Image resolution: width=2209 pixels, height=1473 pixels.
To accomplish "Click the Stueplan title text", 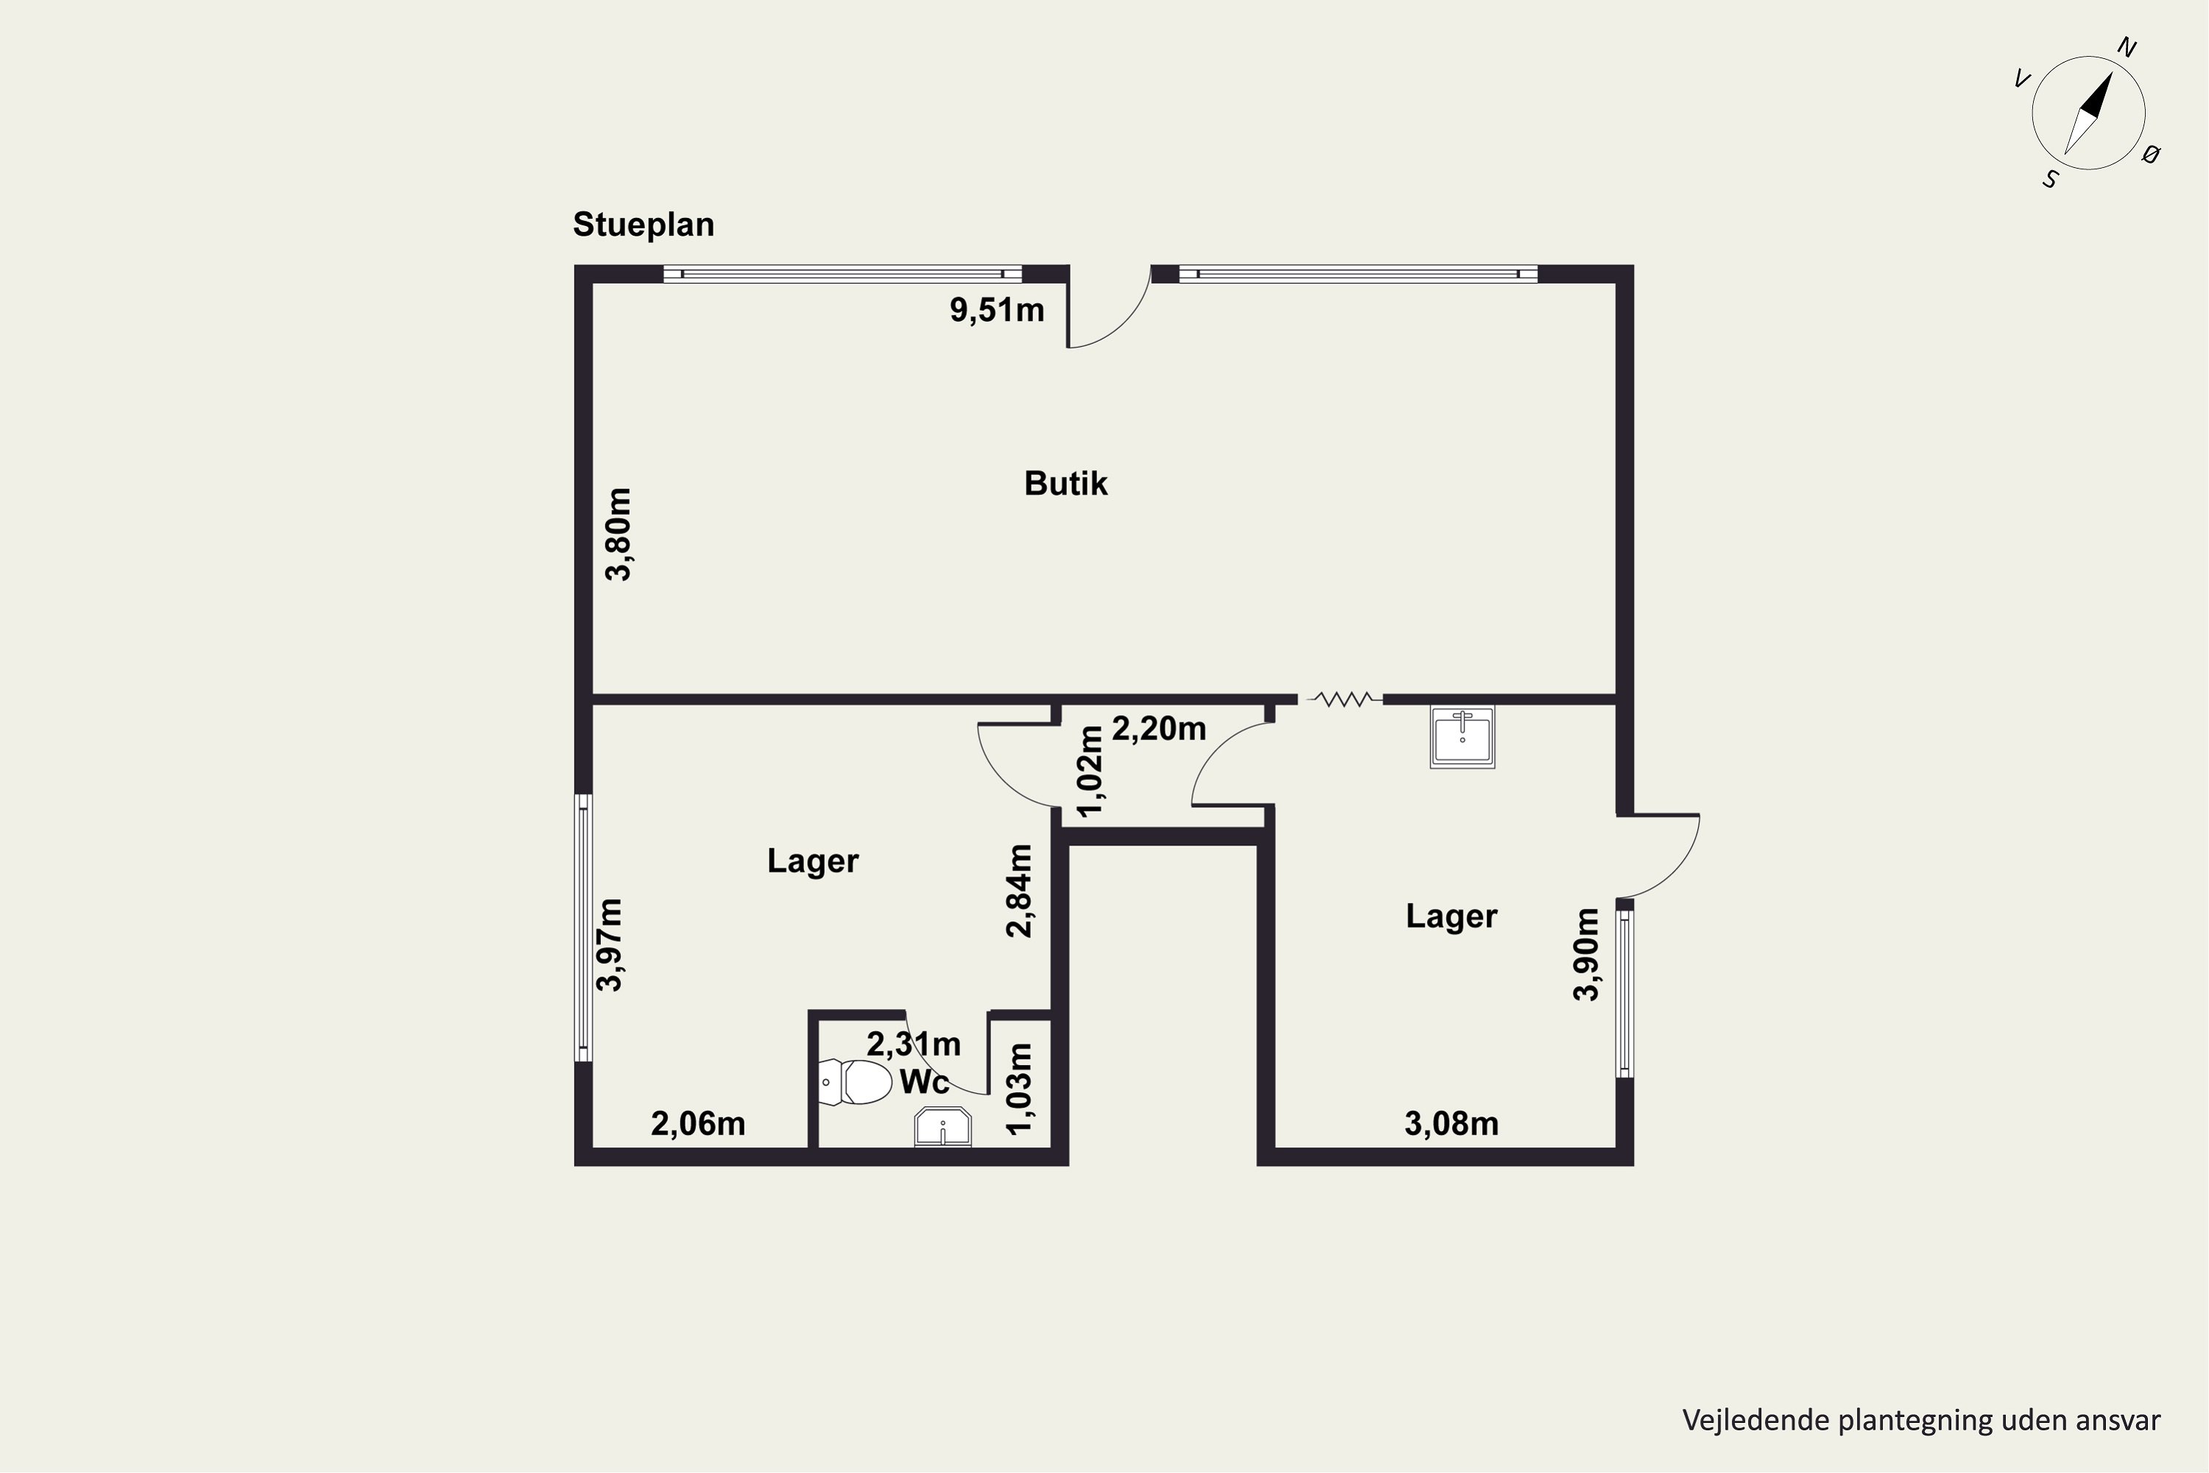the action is [x=644, y=225].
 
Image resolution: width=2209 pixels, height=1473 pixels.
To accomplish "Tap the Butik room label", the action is [x=1066, y=484].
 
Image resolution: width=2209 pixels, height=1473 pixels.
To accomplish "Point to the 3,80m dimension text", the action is [x=618, y=535].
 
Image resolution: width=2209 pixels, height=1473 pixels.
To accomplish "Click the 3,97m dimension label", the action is [x=610, y=945].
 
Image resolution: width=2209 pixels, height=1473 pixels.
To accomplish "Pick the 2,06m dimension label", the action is [x=698, y=1124].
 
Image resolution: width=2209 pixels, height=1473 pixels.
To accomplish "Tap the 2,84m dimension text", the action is [x=1020, y=890].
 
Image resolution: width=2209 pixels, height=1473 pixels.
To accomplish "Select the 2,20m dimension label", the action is [x=1159, y=729].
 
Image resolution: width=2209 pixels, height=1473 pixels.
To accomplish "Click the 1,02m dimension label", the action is [x=1091, y=771].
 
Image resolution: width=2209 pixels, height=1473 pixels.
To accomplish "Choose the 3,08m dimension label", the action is [x=1451, y=1124].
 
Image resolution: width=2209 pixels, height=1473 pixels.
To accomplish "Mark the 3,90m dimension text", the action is [x=1586, y=955].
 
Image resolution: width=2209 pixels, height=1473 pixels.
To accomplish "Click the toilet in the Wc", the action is [x=855, y=1082].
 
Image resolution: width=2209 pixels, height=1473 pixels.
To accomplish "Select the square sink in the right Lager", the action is [x=1462, y=737].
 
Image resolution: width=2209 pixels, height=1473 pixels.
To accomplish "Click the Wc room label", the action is [x=924, y=1082].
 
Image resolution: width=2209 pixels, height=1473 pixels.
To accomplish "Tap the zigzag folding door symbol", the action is [x=1344, y=699].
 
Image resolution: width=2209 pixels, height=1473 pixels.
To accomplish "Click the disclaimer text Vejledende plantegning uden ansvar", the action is [x=1922, y=1421].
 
